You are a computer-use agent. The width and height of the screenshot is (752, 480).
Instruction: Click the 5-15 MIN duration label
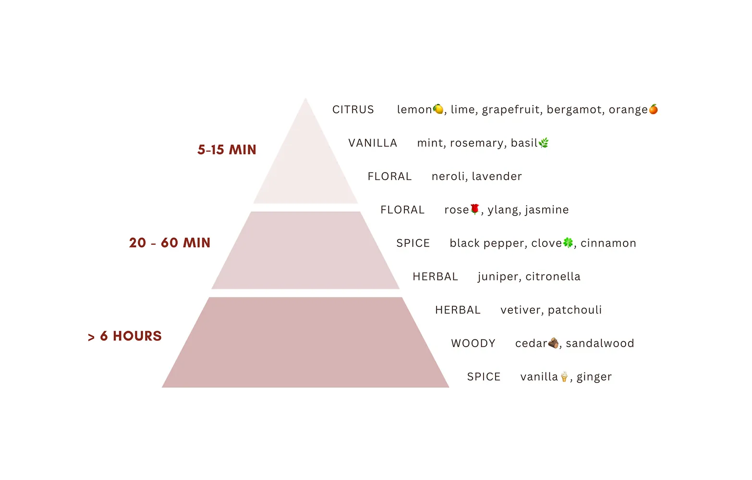[x=227, y=150]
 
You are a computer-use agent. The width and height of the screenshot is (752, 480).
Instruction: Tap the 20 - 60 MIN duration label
[x=170, y=243]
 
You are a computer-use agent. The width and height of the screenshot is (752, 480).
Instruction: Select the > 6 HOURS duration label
[x=125, y=336]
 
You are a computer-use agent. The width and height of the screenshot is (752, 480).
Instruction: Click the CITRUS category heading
[x=353, y=110]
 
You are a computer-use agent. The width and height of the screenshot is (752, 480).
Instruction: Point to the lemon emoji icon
[x=438, y=109]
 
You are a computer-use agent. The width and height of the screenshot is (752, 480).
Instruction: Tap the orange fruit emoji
[x=653, y=109]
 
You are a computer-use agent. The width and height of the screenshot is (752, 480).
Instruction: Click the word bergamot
[x=575, y=110]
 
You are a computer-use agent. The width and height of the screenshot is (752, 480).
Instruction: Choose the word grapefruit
[x=512, y=110]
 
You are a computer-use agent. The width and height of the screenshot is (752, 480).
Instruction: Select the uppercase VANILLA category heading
[x=373, y=143]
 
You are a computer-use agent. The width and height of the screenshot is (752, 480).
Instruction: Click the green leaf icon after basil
[x=544, y=143]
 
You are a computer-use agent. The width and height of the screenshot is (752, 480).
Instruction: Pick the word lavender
[x=497, y=177]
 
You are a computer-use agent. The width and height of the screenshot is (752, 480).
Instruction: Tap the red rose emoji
[x=475, y=209]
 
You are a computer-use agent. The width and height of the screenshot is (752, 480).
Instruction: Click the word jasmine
[x=547, y=210]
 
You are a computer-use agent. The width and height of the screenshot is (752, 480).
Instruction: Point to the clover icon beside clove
[x=568, y=242]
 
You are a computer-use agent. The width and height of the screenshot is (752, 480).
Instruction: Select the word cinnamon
[x=608, y=243]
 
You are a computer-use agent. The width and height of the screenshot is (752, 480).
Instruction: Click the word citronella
[x=553, y=276]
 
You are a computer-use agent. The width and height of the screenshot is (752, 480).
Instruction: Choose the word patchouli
[x=575, y=310]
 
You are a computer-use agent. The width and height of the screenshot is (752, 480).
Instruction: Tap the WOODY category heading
[x=473, y=344]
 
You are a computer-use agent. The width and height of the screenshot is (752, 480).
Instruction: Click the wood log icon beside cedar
[x=553, y=343]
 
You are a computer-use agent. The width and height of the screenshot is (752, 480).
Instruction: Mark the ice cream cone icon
[x=564, y=376]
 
